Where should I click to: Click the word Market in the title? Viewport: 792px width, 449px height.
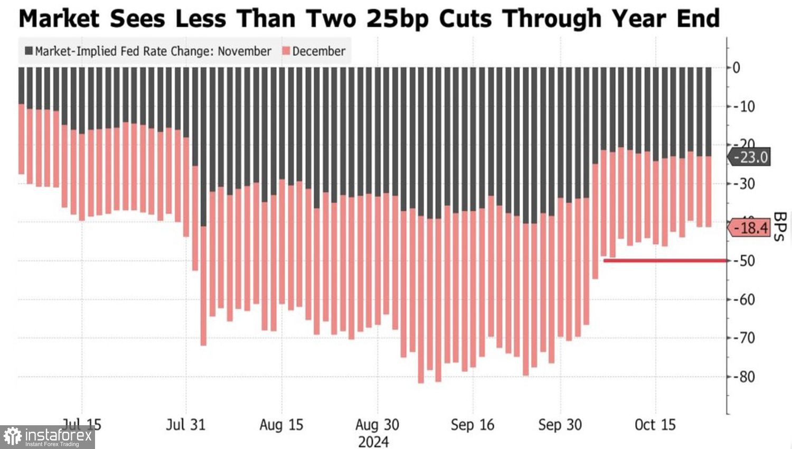pos(59,19)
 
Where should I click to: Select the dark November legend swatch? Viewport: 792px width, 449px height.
pos(29,51)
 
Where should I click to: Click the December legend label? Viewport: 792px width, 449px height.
pos(318,51)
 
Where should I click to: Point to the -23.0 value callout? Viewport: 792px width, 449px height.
pos(750,157)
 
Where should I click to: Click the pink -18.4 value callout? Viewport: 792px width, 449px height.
pos(750,228)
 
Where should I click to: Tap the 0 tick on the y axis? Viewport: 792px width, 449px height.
pos(736,68)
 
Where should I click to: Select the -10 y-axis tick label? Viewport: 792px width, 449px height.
pos(744,106)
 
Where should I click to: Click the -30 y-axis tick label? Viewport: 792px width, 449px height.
pos(744,184)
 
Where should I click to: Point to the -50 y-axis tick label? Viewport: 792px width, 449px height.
pos(744,261)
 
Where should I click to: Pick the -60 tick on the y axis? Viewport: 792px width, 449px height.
pos(744,300)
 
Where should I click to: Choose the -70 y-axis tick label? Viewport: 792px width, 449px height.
pos(744,338)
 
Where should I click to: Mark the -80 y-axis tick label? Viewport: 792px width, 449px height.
pos(744,377)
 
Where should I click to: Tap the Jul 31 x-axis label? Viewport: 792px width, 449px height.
pos(185,425)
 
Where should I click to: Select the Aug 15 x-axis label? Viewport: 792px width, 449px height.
pos(281,425)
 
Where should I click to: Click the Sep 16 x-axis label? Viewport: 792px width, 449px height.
pos(473,425)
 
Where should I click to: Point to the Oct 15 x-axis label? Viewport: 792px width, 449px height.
pos(655,425)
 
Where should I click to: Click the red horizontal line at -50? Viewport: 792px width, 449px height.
pos(665,260)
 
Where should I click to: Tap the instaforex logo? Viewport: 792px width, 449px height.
pos(48,437)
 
